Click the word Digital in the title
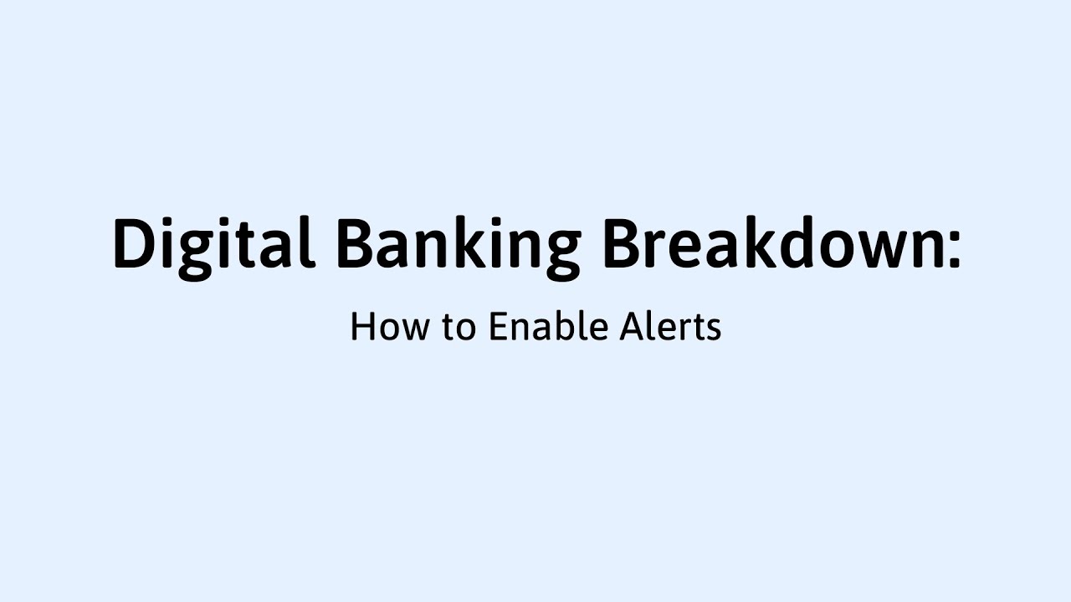213,243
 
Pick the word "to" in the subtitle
459,328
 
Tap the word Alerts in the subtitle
670,326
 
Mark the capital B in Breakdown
622,243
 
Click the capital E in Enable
499,326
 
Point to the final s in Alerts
713,330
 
